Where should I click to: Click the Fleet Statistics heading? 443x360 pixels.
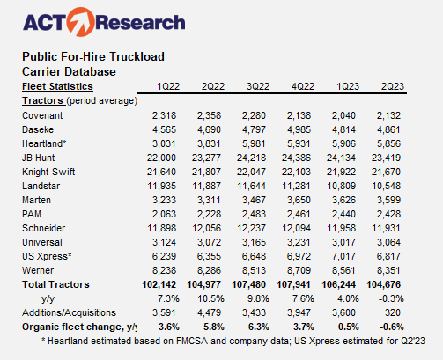tap(57, 87)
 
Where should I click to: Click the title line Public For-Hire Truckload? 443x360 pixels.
tap(94, 56)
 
